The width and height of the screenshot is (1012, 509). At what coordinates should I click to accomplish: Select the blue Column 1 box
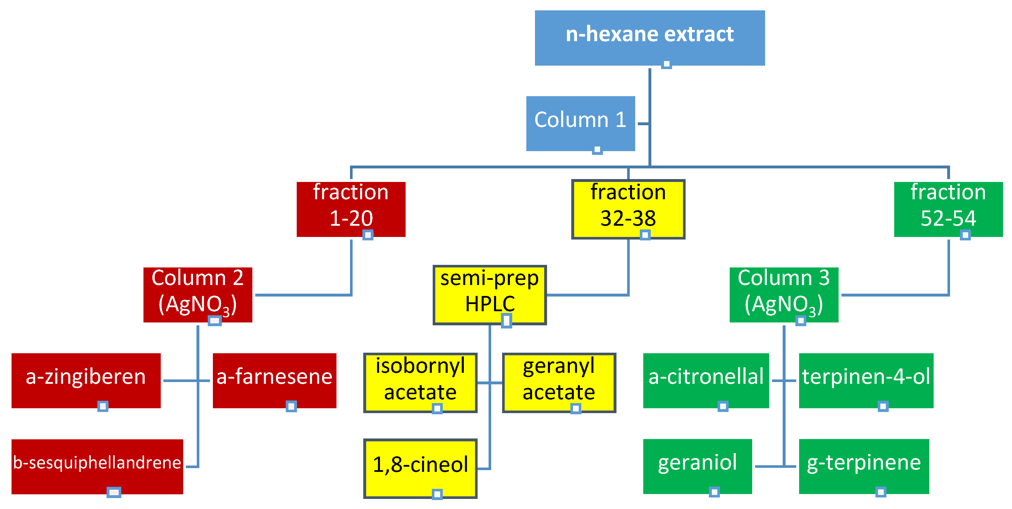point(580,123)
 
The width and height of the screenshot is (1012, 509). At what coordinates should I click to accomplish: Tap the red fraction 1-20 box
point(351,209)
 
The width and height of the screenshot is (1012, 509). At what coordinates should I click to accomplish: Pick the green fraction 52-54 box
point(948,209)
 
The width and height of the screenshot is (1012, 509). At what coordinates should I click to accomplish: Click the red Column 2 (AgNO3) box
point(198,295)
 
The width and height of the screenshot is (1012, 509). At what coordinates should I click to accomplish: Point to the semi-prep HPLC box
point(489,295)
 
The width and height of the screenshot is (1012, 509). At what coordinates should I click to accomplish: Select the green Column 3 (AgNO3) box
point(784,295)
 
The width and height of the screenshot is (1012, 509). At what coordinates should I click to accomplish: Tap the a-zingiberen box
point(86,380)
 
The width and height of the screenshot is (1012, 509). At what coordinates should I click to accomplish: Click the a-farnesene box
point(274,380)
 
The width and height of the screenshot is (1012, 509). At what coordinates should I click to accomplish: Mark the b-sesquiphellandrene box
point(97,466)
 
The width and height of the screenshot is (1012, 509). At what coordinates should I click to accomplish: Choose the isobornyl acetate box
point(420,382)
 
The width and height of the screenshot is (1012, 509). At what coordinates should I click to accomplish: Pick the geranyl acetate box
point(559,382)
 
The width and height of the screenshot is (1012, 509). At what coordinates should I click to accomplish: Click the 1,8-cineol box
point(420,468)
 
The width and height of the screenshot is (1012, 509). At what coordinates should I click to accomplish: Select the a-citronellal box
point(705,380)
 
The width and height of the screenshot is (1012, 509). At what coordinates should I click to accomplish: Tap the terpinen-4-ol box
point(866,380)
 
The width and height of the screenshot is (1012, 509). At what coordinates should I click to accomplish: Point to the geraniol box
point(697,466)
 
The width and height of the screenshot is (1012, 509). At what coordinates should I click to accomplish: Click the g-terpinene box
point(864,466)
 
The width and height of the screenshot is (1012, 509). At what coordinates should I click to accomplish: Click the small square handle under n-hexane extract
point(666,64)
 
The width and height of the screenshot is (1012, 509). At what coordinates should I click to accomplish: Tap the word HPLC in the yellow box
point(490,304)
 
